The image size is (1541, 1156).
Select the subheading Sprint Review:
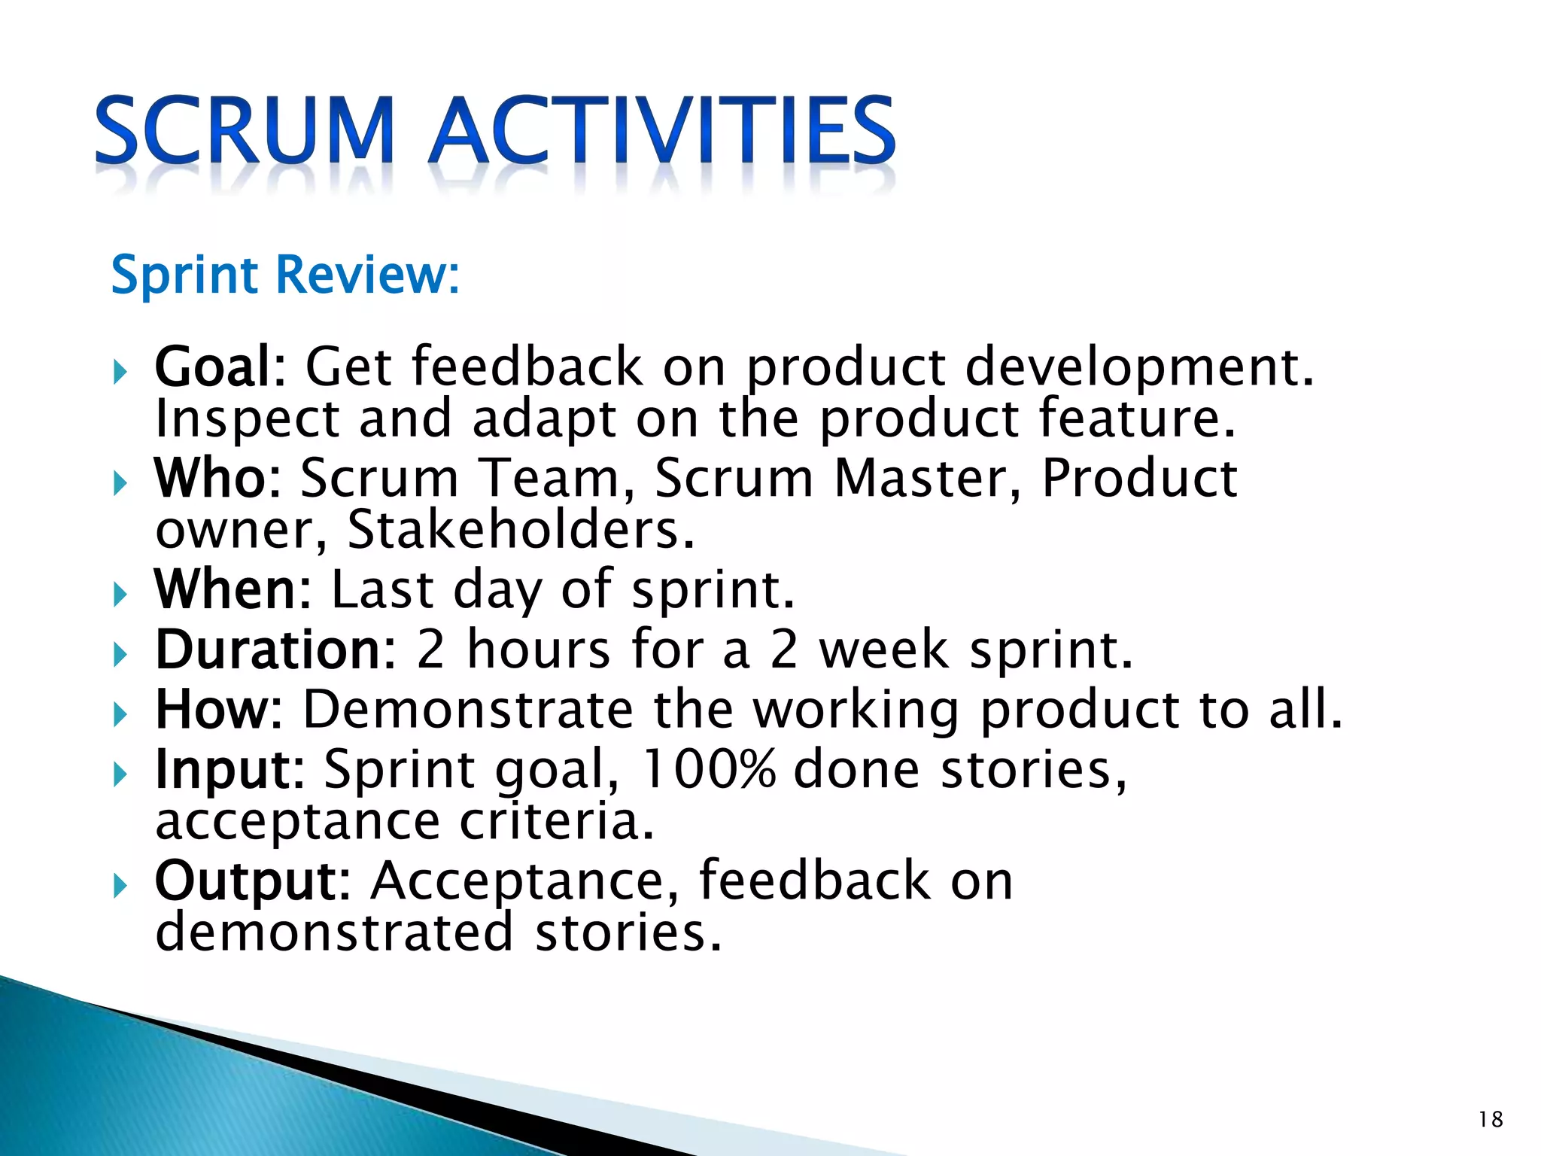(x=285, y=275)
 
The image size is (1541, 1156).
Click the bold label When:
(x=233, y=589)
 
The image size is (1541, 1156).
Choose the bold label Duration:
(x=275, y=649)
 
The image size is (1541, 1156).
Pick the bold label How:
(x=219, y=709)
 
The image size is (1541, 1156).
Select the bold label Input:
(x=229, y=770)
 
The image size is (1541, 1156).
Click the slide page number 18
(x=1491, y=1119)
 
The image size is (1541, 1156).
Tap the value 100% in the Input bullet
(x=708, y=769)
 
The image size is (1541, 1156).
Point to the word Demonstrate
(x=468, y=709)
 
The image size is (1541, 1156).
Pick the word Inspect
(x=247, y=420)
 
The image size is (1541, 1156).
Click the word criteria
(x=557, y=820)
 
